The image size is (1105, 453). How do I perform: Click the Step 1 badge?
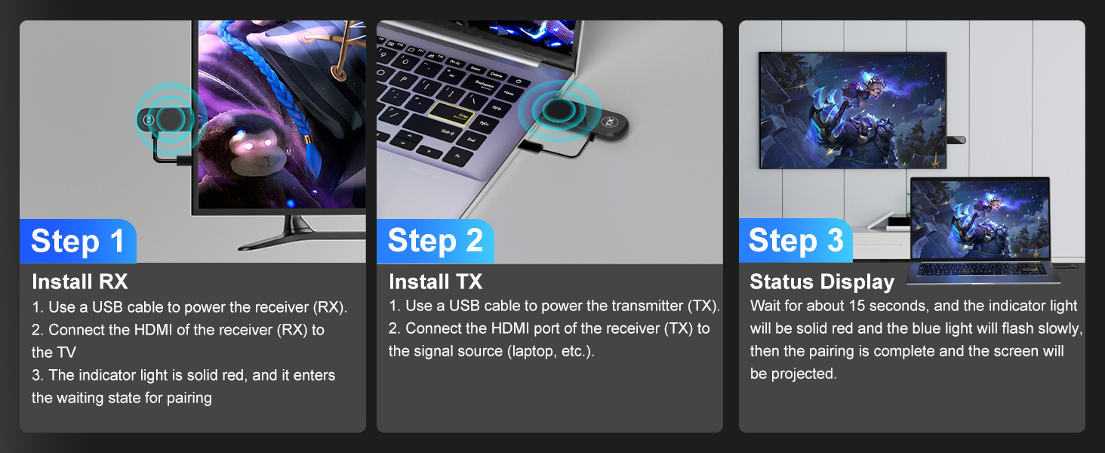click(x=78, y=241)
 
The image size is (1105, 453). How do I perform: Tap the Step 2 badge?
click(x=435, y=241)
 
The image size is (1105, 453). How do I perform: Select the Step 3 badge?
click(x=796, y=241)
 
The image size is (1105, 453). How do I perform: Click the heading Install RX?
click(x=80, y=282)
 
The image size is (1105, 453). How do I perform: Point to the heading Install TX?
click(x=436, y=282)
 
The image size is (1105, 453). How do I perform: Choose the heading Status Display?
click(x=821, y=282)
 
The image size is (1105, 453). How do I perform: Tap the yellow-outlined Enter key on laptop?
click(x=451, y=116)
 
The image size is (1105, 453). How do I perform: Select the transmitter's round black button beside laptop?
click(x=559, y=110)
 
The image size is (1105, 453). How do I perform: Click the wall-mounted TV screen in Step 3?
click(x=852, y=109)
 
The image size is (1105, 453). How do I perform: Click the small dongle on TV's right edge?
click(x=956, y=140)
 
